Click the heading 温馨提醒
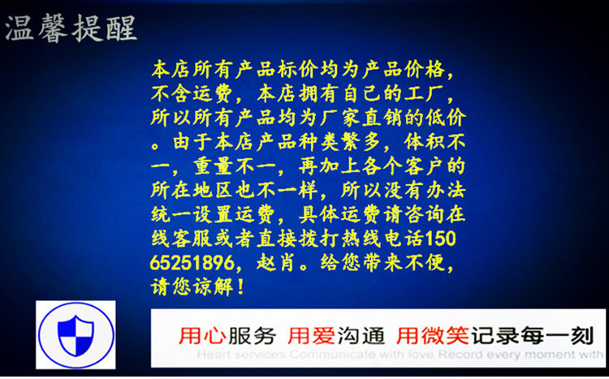[71, 28]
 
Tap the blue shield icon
[76, 335]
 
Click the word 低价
[446, 118]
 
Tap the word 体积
[425, 143]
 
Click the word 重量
[214, 166]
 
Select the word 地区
[214, 191]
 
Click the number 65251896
[192, 263]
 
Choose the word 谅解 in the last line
[214, 287]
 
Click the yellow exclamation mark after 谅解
[240, 287]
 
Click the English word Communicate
[333, 355]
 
